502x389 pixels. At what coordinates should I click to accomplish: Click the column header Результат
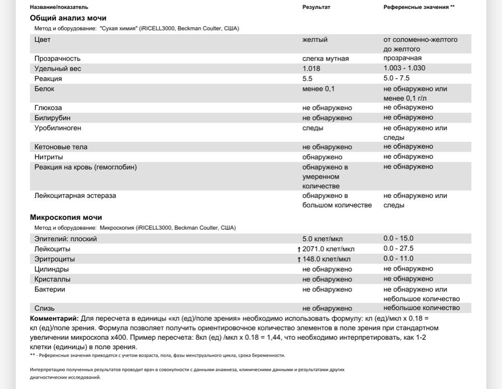pos(316,7)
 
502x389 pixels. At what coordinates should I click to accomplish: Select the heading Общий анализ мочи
pos(68,18)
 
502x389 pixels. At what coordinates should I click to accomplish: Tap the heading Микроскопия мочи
pos(66,217)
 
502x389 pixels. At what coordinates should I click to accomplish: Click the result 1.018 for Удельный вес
pos(311,69)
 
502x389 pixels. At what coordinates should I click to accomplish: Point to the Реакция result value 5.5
pos(307,79)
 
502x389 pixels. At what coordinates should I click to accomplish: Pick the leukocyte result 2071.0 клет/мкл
pos(328,249)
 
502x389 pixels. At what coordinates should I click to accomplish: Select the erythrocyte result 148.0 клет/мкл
pos(326,259)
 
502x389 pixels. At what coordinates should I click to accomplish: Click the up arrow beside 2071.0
pos(299,249)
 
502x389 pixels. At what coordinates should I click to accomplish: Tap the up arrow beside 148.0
pos(299,259)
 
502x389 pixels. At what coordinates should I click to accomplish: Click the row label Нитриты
pos(49,157)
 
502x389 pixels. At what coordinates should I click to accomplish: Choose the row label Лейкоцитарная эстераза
pos(75,196)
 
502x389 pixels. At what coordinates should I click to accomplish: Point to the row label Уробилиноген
pos(58,128)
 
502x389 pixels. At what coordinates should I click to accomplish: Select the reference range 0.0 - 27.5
pos(398,248)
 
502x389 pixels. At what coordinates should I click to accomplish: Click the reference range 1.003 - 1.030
pos(404,68)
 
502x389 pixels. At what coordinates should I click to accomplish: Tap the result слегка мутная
pos(325,59)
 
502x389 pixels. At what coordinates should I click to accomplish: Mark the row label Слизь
pos(44,308)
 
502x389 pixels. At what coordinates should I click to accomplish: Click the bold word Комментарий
pos(54,318)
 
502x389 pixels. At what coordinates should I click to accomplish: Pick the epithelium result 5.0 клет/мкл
pos(323,239)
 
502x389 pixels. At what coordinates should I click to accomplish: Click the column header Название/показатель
pos(59,7)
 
